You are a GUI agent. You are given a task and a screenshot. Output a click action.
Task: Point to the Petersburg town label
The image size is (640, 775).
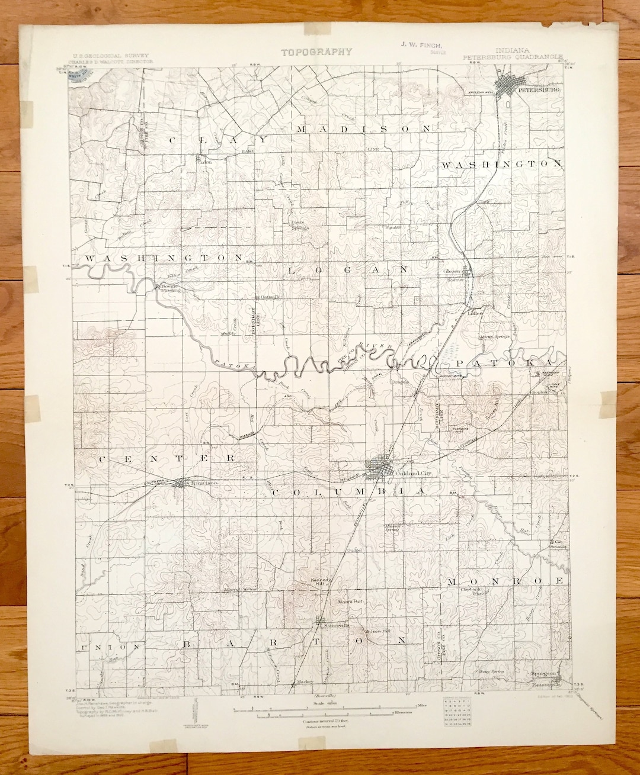[x=535, y=91]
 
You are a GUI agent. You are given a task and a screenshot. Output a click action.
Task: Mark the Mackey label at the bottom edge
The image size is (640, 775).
[x=306, y=681]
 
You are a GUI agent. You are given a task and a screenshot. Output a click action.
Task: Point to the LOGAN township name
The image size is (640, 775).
[x=347, y=269]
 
